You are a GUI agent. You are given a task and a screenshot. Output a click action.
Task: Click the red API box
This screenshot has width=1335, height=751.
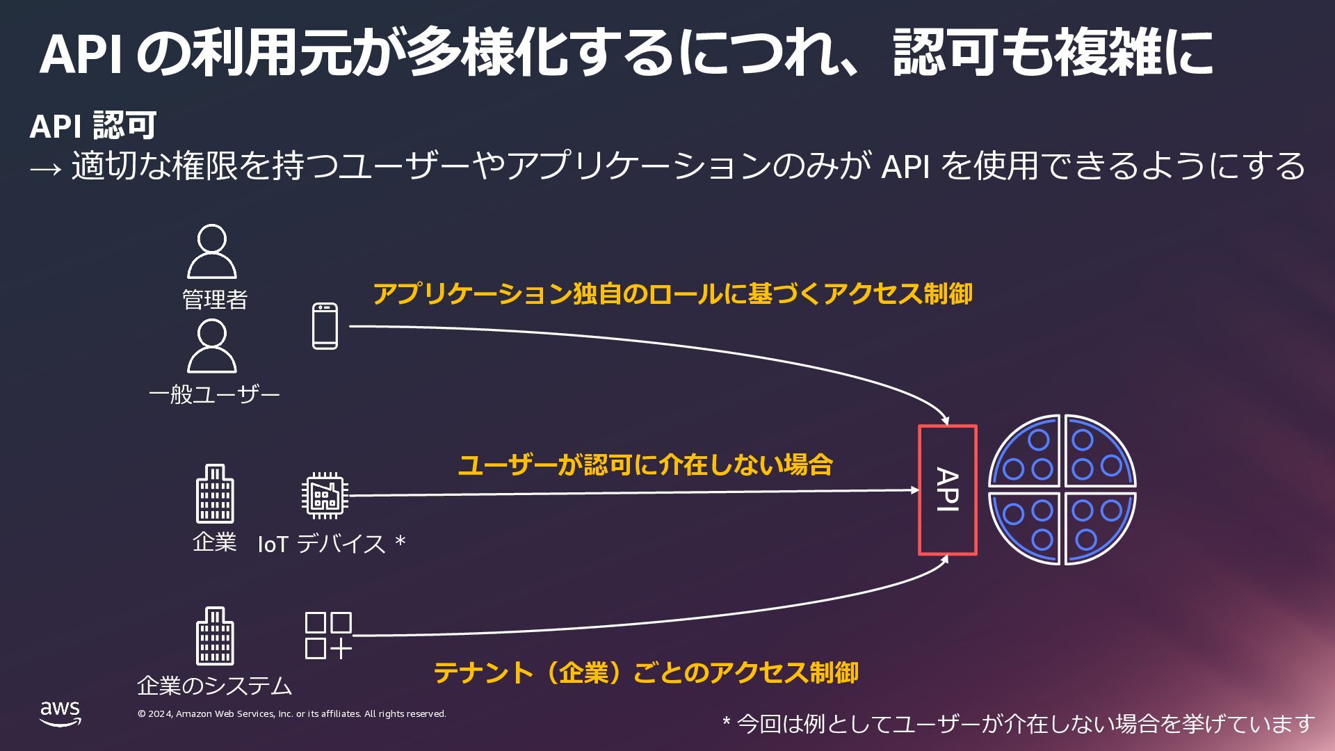click(947, 490)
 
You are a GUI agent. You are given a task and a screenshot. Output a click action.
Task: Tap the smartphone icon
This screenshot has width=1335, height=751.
click(325, 326)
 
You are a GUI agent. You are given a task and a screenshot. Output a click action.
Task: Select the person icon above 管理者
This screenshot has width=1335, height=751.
click(212, 252)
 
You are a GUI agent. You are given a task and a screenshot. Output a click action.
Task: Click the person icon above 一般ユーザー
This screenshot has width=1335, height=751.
click(212, 346)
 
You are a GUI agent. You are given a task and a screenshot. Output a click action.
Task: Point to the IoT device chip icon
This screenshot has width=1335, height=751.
click(325, 496)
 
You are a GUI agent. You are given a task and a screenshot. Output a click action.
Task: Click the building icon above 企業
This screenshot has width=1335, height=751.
click(215, 494)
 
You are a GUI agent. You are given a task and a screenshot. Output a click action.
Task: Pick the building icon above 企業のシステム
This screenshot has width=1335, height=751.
click(215, 636)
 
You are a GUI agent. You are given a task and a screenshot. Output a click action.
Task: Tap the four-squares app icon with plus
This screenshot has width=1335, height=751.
click(328, 636)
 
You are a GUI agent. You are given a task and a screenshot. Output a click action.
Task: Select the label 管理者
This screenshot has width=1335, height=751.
click(215, 300)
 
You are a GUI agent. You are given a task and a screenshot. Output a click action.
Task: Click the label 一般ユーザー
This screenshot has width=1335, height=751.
click(214, 395)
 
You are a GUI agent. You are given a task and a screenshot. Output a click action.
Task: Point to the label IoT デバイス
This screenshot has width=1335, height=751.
click(321, 544)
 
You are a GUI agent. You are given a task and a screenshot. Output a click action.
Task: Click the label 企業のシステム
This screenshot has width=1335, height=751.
click(215, 686)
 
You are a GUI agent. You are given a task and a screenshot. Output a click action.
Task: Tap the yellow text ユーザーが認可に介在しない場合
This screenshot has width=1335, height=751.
click(645, 465)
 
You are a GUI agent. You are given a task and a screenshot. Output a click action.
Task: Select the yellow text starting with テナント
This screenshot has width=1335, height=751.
click(646, 672)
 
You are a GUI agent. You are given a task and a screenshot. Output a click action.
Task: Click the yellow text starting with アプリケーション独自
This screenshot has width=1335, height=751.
click(672, 294)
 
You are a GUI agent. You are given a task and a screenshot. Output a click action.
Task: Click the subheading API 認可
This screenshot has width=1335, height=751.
click(93, 126)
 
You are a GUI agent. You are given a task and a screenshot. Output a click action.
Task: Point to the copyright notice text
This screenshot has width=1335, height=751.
click(292, 714)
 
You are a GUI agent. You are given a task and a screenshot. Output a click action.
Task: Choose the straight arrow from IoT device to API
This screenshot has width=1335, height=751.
click(633, 492)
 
